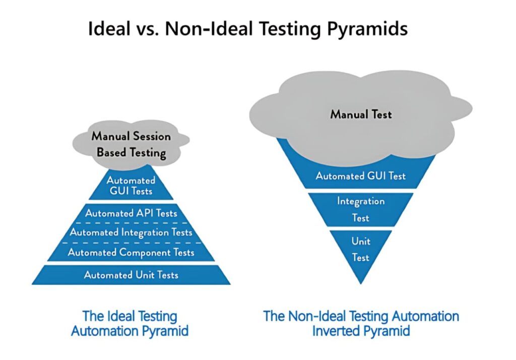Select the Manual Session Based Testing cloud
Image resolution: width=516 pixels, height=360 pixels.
pos(131,145)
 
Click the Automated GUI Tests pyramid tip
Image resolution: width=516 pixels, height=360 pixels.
pos(131,186)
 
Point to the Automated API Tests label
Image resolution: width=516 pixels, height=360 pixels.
pos(131,213)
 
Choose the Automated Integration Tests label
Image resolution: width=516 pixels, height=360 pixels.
pos(131,232)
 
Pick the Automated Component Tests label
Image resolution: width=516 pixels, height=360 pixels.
pos(131,252)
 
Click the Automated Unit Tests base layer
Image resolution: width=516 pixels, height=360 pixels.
pos(131,275)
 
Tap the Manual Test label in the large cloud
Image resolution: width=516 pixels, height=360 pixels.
pos(361,114)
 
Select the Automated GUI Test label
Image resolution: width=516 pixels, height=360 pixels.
pos(361,176)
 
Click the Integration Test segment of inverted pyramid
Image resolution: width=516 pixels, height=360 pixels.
pos(361,209)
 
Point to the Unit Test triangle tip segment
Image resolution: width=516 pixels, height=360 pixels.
pos(361,250)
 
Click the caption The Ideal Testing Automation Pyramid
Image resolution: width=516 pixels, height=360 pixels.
pos(130,324)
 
